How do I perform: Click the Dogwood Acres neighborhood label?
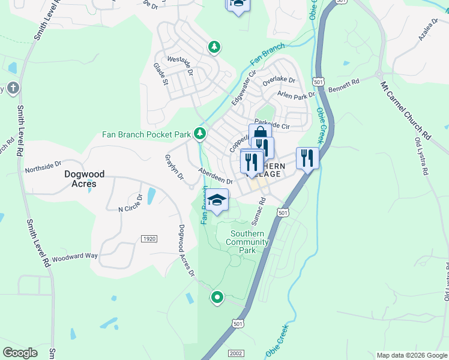click(85, 179)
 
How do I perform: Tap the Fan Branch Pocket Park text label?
click(146, 134)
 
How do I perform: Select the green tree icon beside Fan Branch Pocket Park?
click(200, 134)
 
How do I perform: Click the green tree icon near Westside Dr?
click(214, 46)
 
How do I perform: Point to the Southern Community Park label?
click(247, 242)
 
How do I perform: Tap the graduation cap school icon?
click(217, 200)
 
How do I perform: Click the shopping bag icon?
click(260, 133)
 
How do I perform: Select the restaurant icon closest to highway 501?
click(307, 158)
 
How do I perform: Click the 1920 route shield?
click(149, 239)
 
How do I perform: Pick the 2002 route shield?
click(236, 353)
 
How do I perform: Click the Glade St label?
click(160, 74)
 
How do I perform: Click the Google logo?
click(20, 353)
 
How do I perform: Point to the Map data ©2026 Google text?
click(411, 355)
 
